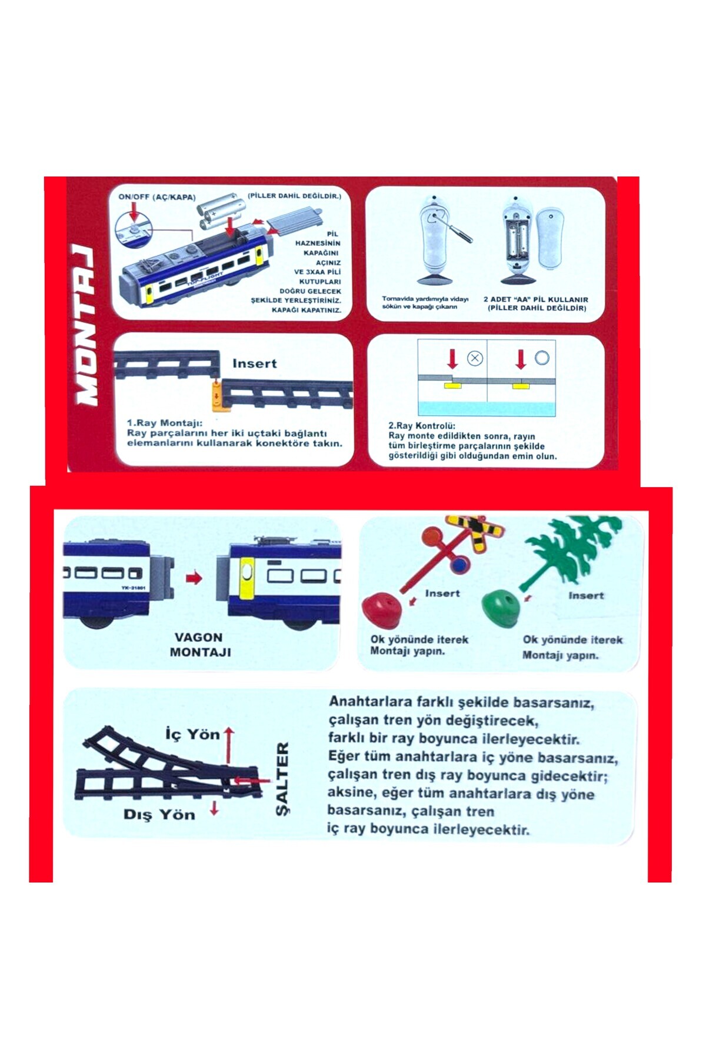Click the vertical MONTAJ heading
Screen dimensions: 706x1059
point(85,325)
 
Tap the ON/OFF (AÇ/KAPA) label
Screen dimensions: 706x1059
point(157,197)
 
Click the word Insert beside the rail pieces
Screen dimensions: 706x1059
point(254,364)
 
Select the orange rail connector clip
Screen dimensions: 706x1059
point(217,395)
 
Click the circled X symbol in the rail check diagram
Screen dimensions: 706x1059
point(475,358)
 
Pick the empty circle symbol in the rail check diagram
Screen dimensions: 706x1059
point(542,358)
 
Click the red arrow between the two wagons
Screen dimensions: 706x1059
point(194,578)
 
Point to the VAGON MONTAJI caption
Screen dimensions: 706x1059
point(200,645)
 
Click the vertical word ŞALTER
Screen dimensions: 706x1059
point(282,779)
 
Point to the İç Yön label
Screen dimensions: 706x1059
point(192,734)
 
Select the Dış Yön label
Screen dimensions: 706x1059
point(159,815)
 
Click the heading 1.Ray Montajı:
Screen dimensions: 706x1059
point(165,423)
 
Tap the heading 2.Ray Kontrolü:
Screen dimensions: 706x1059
point(422,426)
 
